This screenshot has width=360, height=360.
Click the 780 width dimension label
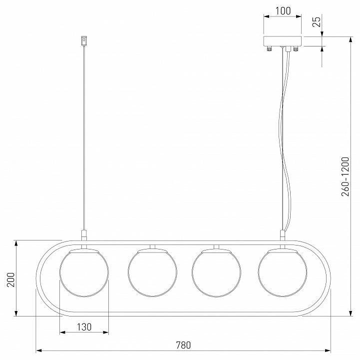click(183, 345)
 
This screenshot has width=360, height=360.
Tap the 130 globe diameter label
click(84, 327)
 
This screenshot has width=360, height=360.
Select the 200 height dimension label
click(11, 279)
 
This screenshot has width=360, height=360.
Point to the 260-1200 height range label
click(345, 176)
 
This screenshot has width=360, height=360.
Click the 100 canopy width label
click(283, 11)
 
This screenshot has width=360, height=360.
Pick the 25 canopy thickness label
click(317, 22)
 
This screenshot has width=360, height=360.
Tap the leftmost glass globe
click(84, 272)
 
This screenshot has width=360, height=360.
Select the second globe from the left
click(152, 272)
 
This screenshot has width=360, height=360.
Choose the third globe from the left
click(216, 272)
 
